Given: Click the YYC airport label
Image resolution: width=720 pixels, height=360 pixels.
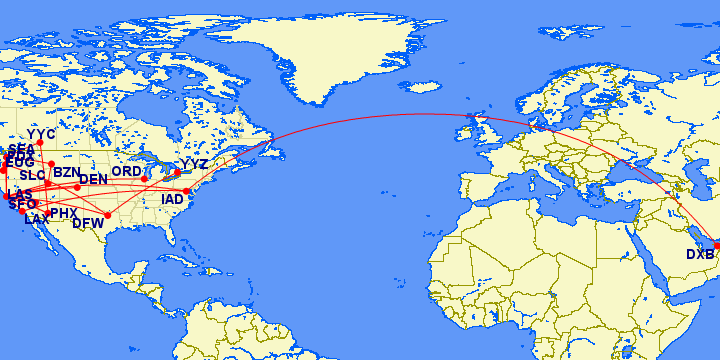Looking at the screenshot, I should coord(41,134).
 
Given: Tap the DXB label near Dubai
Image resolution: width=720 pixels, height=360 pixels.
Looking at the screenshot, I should coord(700,254).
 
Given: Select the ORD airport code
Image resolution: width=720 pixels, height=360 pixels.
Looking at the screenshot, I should coord(126,172).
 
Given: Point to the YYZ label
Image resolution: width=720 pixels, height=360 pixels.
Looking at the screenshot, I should coord(195,164).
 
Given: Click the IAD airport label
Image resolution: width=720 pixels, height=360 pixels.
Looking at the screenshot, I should coord(173,200).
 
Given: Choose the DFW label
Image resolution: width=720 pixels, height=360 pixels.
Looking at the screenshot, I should coord(88,224).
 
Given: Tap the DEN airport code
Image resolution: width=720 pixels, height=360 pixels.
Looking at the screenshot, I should coord(93,180).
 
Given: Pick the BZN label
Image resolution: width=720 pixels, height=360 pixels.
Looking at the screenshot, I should coord(66,173).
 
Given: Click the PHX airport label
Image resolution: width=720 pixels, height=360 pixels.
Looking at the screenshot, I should coord(64,214).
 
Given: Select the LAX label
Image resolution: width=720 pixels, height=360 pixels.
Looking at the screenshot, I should coord(36,219).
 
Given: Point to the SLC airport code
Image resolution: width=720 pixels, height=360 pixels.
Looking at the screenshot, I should coord(33,175).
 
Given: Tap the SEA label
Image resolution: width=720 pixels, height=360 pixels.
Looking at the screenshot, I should coord(21,148).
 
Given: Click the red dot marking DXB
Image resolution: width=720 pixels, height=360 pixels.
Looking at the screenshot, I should coord(716,245).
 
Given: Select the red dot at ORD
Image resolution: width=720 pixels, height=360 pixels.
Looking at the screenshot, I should coord(145,179).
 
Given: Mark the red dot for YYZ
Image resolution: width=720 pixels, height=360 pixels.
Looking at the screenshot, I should coord(177,173).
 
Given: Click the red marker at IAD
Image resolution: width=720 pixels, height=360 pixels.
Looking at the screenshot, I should coord(187,191).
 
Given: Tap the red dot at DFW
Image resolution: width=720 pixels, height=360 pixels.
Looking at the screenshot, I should coord(108,215).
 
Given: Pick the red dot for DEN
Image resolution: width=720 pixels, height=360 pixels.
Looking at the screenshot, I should coord(77,187).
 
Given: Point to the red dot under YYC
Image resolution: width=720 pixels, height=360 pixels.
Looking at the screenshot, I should coord(40,144).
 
